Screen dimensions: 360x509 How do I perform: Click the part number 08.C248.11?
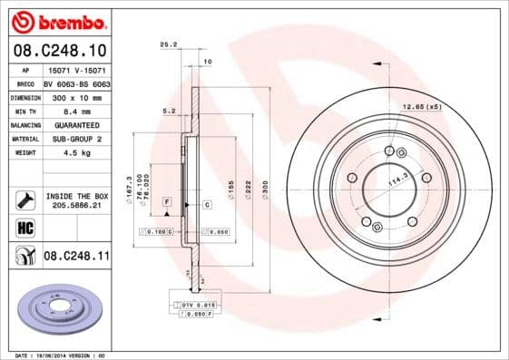(x=76, y=258)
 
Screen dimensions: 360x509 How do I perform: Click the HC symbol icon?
(x=25, y=229)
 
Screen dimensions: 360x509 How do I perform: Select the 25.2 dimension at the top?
(x=167, y=43)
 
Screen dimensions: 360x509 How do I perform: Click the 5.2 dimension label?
(x=168, y=111)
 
